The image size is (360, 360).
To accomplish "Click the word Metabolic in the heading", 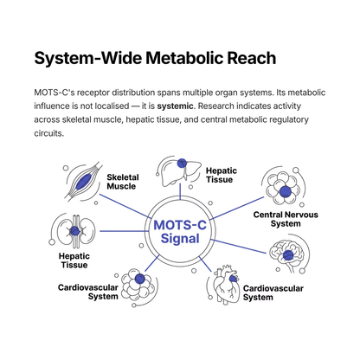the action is point(184,58).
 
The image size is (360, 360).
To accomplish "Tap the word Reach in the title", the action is point(252,58).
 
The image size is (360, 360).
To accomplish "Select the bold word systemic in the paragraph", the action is point(175,106).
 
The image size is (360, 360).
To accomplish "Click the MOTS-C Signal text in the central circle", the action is point(180,232).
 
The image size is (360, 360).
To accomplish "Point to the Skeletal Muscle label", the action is point(123,182).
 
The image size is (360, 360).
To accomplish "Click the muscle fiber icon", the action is point(83,181).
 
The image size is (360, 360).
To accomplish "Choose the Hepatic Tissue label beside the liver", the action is point(222,175).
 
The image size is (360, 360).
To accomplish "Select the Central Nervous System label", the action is point(286,219).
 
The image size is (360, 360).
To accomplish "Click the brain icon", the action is point(286,254).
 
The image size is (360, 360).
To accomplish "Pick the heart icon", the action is point(226,284).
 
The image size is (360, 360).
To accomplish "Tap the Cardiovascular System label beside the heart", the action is point(273,292).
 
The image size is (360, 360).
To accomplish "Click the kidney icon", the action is point(74,231).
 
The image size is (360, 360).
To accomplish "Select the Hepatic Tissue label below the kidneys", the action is point(74,260).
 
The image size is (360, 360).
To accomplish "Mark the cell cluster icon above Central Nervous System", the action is point(283,187).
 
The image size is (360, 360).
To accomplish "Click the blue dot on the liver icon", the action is point(182,164).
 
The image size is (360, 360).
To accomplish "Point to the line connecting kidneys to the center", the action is point(123,231).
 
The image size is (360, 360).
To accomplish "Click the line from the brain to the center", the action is point(239,247).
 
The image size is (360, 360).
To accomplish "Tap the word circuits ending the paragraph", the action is point(48,133).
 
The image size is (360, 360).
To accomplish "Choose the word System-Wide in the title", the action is point(87,58).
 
